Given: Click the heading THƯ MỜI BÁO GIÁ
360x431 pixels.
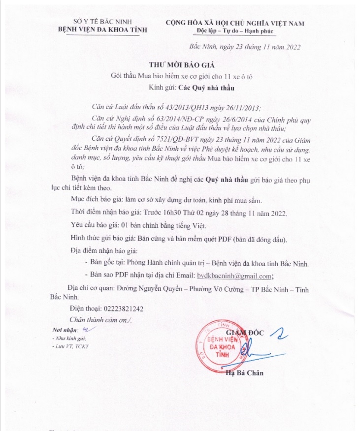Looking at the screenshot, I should click(x=180, y=65).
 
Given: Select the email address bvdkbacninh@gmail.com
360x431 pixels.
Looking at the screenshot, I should click(x=234, y=276).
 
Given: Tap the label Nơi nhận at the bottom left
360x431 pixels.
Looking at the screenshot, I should click(x=65, y=329).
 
